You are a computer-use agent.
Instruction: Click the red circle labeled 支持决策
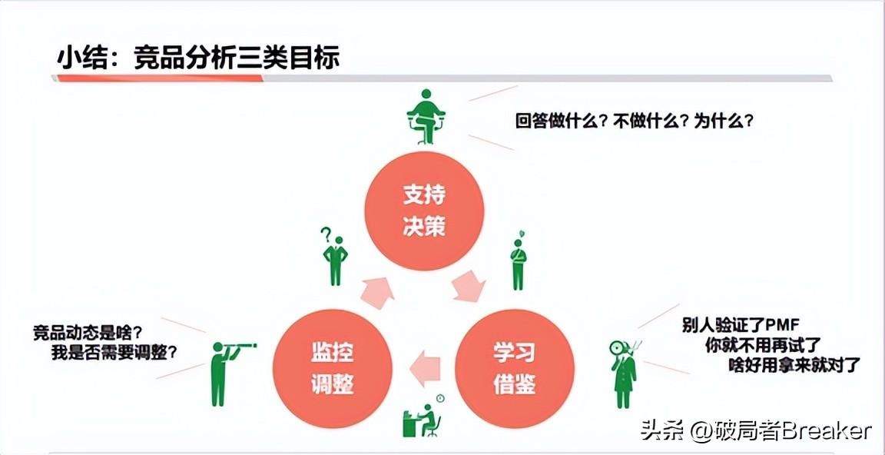424,209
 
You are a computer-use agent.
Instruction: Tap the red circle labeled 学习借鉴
515,367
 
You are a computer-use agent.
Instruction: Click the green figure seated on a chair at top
426,116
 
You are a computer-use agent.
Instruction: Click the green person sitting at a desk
423,419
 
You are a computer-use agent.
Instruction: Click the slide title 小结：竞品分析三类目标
198,58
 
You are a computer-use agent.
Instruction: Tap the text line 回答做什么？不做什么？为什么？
634,121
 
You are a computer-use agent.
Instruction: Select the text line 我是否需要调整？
114,353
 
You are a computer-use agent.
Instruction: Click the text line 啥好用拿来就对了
794,364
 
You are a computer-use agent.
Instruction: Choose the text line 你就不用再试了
764,344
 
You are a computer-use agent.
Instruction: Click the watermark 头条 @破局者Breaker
756,430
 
